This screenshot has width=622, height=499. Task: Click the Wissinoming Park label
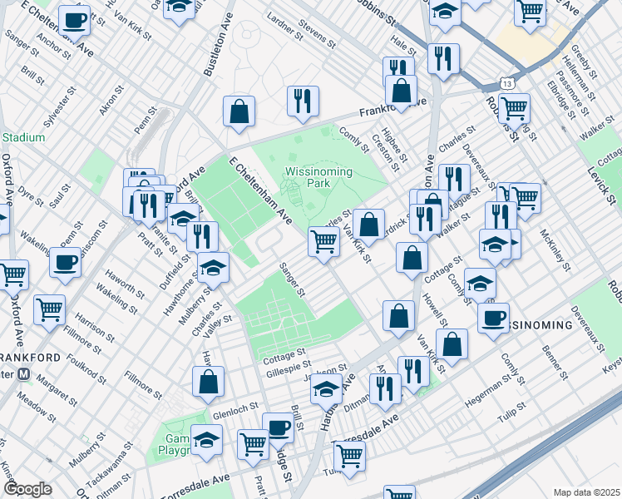(318, 177)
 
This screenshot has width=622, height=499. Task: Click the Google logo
(27, 489)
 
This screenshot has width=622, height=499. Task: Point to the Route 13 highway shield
(506, 83)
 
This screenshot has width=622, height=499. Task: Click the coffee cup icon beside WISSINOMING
(494, 317)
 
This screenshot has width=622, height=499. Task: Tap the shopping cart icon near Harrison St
(50, 309)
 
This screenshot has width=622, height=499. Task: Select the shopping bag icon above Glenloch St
(208, 382)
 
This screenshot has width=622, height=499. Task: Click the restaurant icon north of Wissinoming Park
(303, 101)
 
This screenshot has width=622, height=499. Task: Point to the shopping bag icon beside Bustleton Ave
(239, 111)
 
